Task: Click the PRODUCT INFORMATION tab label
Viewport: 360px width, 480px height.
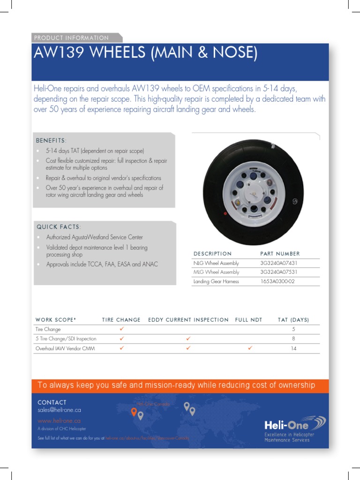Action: click(x=71, y=38)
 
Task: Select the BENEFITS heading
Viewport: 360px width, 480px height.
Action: click(x=51, y=141)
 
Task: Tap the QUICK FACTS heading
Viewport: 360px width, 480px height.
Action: click(x=59, y=227)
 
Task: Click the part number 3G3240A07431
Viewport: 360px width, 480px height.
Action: click(x=278, y=263)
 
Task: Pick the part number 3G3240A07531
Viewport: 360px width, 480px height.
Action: click(x=278, y=272)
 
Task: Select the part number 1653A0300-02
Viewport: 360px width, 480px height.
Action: click(x=277, y=281)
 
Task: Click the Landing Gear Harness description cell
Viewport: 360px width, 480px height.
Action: click(x=216, y=281)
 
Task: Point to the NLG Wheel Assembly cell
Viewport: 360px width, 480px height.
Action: click(x=216, y=263)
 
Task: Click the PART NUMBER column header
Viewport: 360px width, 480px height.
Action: click(x=280, y=254)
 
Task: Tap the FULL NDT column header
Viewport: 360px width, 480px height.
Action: click(x=248, y=320)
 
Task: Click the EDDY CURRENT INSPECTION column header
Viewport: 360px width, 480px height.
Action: click(x=188, y=320)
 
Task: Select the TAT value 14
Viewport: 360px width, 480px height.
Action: click(x=293, y=349)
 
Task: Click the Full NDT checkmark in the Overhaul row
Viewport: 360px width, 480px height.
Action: click(x=250, y=348)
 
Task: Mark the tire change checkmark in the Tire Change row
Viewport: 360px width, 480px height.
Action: click(x=121, y=329)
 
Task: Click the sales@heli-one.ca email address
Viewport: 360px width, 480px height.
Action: click(x=59, y=410)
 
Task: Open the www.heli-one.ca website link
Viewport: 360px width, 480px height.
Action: click(x=59, y=421)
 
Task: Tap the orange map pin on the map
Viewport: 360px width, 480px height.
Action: click(x=134, y=412)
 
